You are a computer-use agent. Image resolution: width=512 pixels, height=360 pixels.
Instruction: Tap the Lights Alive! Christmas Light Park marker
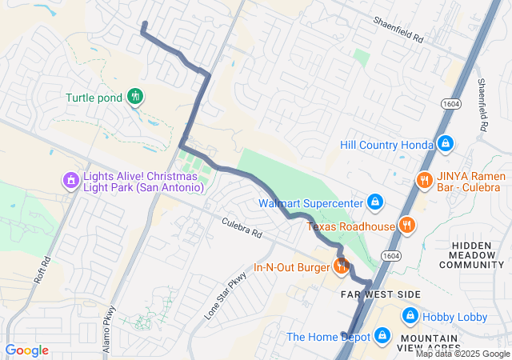71,180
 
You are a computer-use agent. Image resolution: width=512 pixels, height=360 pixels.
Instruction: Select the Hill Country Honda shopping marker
446,145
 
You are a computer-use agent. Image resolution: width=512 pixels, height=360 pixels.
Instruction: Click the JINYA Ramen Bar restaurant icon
423,180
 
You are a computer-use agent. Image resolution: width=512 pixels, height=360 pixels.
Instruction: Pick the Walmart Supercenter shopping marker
374,202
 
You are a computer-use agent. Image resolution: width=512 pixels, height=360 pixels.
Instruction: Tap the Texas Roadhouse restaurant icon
407,226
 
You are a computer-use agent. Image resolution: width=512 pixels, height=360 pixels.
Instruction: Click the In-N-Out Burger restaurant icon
342,266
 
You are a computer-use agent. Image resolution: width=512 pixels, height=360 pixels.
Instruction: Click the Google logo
26,350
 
